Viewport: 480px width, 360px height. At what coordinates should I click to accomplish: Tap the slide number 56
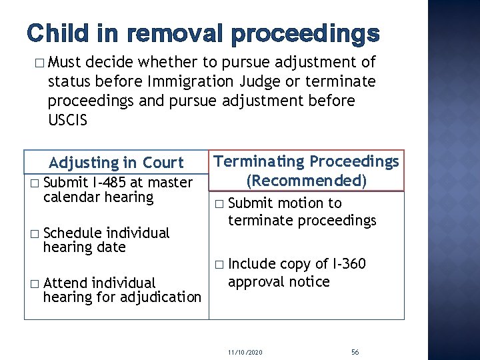pyautogui.click(x=355, y=351)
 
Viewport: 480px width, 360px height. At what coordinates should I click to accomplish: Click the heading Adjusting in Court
pyautogui.click(x=116, y=163)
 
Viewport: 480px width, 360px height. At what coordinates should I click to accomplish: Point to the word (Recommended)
pyautogui.click(x=306, y=180)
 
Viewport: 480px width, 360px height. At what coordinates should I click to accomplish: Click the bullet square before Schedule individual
pyautogui.click(x=35, y=233)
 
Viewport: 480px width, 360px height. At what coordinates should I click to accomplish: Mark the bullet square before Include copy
pyautogui.click(x=220, y=265)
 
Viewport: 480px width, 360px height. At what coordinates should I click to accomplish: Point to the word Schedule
pyautogui.click(x=72, y=233)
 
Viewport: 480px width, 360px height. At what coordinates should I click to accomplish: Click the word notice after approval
pyautogui.click(x=307, y=281)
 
